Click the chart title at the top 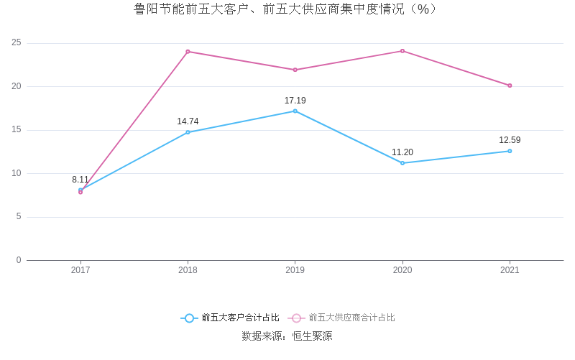click(x=287, y=9)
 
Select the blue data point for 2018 click(x=188, y=132)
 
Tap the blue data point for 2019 click(x=295, y=111)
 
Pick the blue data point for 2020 click(x=402, y=163)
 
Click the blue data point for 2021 click(x=510, y=151)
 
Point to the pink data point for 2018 click(x=188, y=52)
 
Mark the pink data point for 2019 click(x=295, y=70)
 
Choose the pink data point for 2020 click(x=402, y=51)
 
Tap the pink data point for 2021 click(x=510, y=86)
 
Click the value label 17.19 click(x=295, y=101)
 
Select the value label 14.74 click(x=188, y=121)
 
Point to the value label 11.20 click(x=402, y=152)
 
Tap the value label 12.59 click(x=510, y=140)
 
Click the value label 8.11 click(x=80, y=180)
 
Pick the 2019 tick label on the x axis click(x=295, y=270)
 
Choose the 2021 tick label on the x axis click(x=510, y=270)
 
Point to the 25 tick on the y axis click(x=16, y=43)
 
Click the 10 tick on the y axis click(x=16, y=173)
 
